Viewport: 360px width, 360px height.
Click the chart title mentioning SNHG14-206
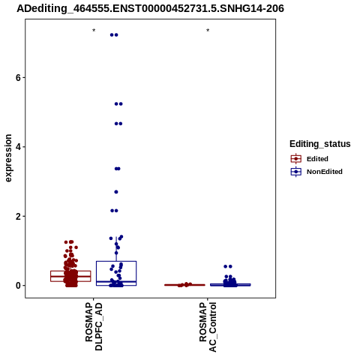point(150,8)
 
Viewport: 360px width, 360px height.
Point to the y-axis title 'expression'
point(8,158)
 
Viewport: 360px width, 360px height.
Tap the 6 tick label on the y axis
point(18,78)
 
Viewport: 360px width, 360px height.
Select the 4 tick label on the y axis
point(18,147)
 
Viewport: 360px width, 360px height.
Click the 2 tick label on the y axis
point(18,216)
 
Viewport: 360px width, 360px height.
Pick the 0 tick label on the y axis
point(18,286)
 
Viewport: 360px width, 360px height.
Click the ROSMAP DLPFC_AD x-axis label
point(94,326)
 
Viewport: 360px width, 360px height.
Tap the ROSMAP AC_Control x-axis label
point(208,327)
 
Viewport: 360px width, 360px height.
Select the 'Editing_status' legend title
point(320,144)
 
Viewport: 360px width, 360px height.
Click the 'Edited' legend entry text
point(317,159)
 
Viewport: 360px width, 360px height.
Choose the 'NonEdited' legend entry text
point(325,172)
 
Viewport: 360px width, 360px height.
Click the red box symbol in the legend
point(296,159)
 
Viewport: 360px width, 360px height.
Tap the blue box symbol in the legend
point(296,172)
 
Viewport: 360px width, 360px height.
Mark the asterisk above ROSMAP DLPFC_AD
point(94,31)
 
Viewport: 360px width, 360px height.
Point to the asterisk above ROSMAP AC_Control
point(208,31)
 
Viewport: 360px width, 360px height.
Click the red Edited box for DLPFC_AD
point(70,276)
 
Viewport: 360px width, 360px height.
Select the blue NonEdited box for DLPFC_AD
point(116,273)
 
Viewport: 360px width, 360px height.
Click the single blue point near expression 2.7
point(116,192)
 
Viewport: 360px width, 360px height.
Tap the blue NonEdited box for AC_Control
point(230,285)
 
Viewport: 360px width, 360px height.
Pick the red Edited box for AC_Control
point(184,285)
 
